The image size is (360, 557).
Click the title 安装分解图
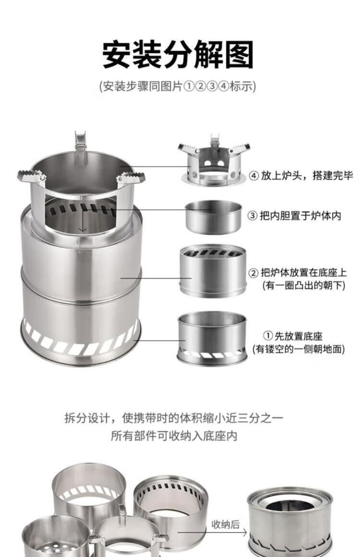point(178,54)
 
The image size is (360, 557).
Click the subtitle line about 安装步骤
point(178,87)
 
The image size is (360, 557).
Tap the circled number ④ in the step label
point(254,176)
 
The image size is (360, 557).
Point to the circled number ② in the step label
point(254,273)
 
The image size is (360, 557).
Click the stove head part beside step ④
point(214,163)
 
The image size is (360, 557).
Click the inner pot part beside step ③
point(214,216)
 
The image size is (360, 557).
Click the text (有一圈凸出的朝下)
point(303,286)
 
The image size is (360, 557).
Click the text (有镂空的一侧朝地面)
point(299,349)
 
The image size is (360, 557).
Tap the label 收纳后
point(226,524)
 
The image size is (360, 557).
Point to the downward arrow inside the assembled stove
point(83,221)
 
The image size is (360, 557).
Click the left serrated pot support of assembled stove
point(32,176)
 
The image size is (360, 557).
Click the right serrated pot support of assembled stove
point(131,179)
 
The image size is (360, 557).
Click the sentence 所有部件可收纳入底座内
point(174,437)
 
